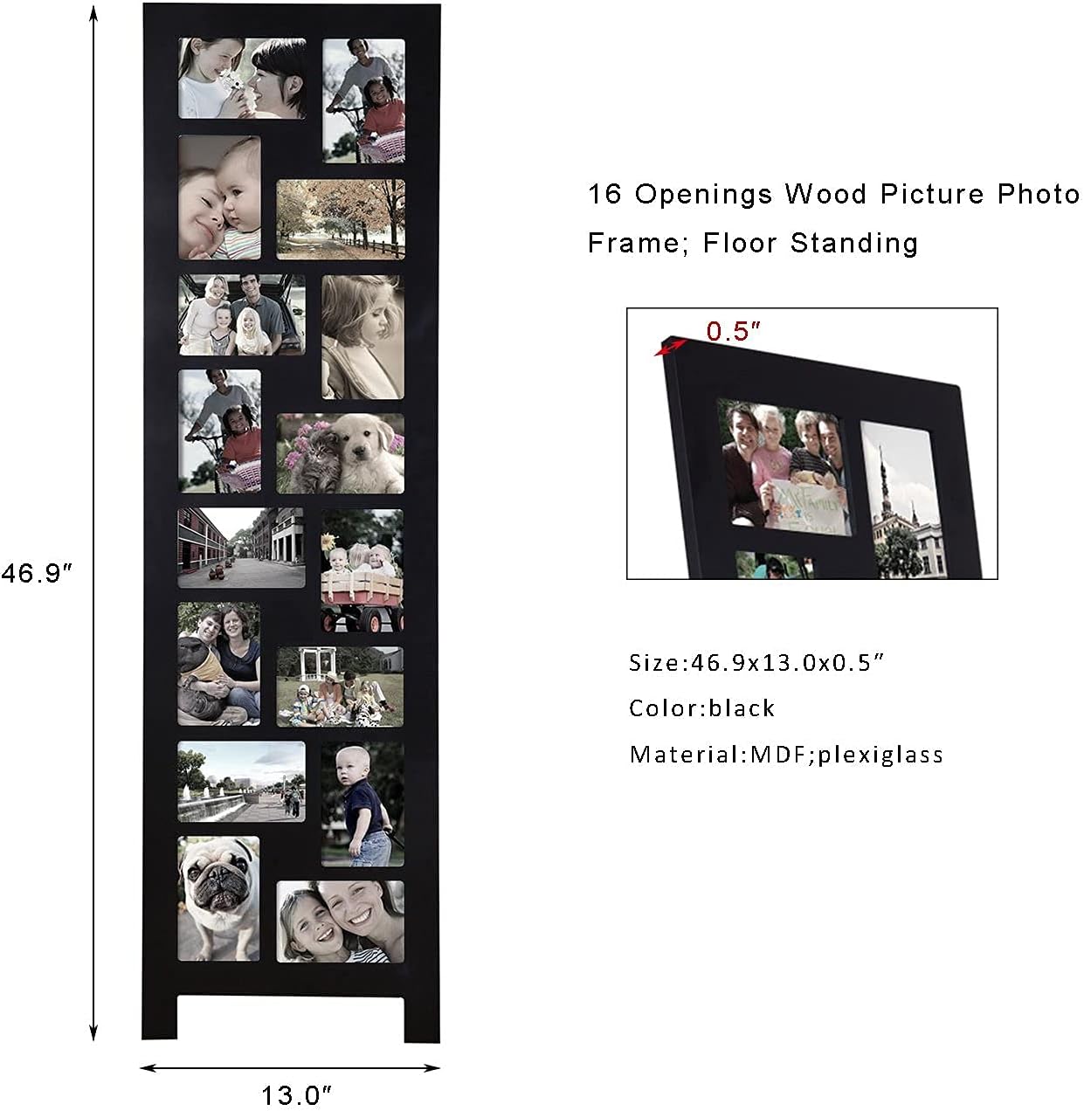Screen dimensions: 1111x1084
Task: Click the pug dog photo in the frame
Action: (x=218, y=898)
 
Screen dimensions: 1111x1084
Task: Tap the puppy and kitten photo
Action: (x=341, y=453)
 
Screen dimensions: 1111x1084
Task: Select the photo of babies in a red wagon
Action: (x=362, y=570)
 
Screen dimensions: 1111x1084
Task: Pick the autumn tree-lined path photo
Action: (x=341, y=218)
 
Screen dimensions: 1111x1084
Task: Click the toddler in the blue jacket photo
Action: (x=362, y=804)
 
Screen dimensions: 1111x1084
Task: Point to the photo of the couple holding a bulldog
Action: (x=218, y=664)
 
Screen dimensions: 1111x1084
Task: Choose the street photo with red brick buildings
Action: (x=241, y=548)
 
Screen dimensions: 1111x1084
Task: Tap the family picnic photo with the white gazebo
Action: (x=341, y=687)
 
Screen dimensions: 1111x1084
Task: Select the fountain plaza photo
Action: (x=241, y=781)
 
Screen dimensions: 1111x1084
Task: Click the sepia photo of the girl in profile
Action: (x=362, y=337)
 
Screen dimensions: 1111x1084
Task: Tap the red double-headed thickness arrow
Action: (x=671, y=347)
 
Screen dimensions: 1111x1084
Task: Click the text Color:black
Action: (x=701, y=707)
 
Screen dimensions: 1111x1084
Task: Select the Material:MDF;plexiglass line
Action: (x=786, y=754)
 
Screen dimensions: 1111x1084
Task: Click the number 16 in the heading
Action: (x=604, y=194)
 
